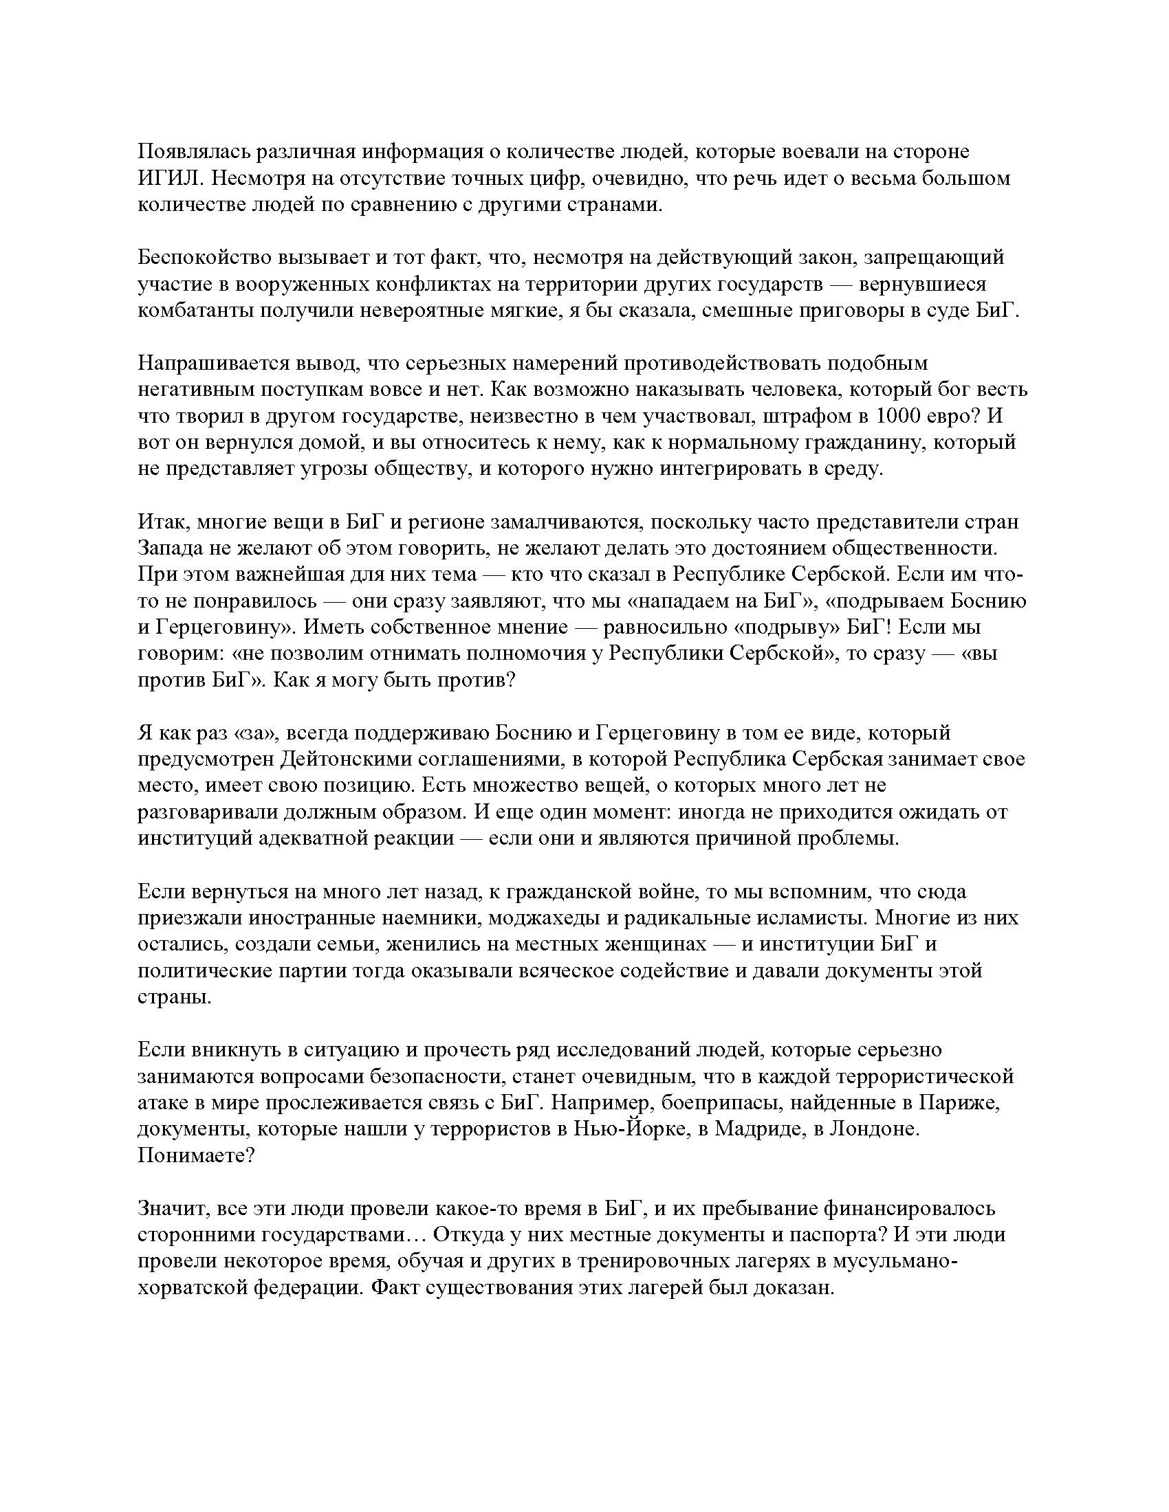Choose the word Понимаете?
tap(196, 1156)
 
